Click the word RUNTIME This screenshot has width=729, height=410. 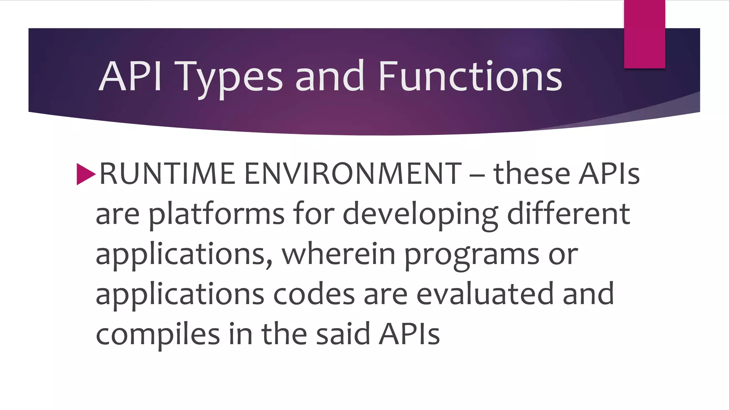[167, 174]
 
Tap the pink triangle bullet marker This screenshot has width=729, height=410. [86, 174]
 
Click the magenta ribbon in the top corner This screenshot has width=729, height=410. [644, 34]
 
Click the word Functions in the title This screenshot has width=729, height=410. [470, 76]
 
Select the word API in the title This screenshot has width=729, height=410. [130, 76]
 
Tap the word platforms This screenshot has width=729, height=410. [216, 214]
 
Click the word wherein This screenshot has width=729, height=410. [339, 254]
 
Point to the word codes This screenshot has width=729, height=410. [314, 294]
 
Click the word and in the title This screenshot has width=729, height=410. [330, 76]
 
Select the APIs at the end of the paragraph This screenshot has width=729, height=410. [409, 334]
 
